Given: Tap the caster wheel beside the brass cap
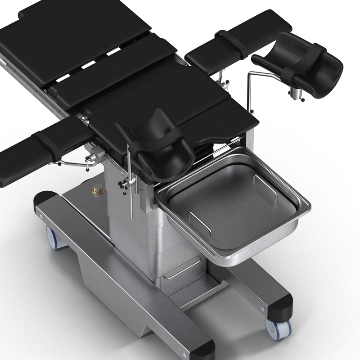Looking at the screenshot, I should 55,237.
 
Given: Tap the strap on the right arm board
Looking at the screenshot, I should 232,44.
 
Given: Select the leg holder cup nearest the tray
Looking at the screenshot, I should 157,148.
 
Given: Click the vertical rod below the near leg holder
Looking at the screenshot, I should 130,193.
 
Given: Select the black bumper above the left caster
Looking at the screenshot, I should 45,198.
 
